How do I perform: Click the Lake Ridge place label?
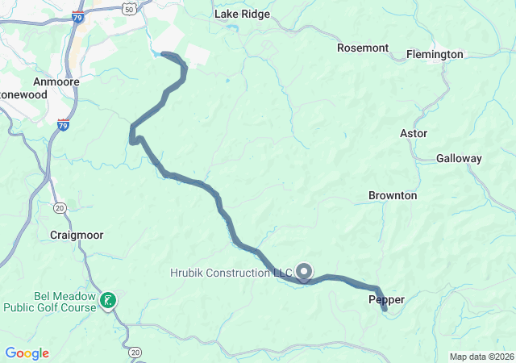[242, 15]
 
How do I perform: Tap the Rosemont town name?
[363, 48]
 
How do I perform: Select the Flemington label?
[435, 54]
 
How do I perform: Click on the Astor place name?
[414, 133]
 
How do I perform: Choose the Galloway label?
[459, 159]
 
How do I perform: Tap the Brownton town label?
[393, 195]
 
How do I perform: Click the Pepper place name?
[386, 299]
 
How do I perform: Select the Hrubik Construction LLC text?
[231, 273]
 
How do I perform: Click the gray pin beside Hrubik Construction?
[304, 272]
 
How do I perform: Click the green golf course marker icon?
[108, 302]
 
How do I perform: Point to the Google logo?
[27, 353]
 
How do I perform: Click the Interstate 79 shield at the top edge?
[78, 15]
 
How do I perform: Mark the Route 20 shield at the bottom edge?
[134, 353]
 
